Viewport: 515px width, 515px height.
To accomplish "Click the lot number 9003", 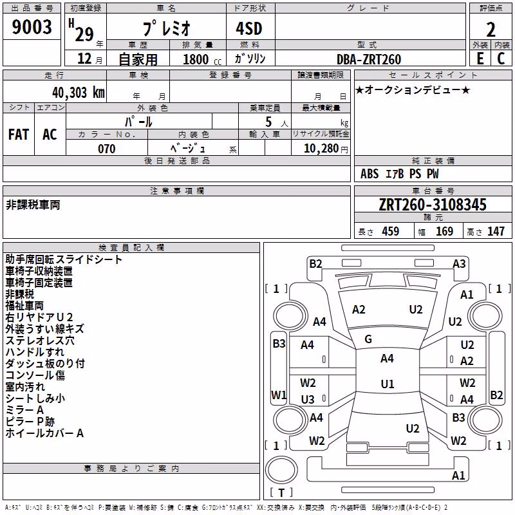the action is point(32,27).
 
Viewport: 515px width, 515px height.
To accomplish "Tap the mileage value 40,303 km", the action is point(79,93).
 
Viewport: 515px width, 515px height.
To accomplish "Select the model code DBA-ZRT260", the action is point(369,59).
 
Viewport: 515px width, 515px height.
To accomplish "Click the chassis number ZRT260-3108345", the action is point(433,205).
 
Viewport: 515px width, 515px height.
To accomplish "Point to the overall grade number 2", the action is point(491,30).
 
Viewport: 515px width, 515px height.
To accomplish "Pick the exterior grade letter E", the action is point(480,59).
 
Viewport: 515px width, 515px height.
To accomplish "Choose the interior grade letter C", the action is point(501,59).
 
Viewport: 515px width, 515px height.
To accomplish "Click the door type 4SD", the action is point(249,28).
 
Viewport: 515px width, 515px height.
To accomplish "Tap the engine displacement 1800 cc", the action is point(202,59).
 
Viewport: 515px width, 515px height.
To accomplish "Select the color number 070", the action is point(107,149).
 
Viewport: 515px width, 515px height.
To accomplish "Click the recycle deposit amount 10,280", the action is point(321,149).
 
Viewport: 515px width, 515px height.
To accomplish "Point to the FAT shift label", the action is point(19,135).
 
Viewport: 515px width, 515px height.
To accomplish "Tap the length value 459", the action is point(390,231).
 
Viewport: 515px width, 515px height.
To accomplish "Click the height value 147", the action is point(496,231).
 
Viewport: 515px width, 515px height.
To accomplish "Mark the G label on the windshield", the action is point(368,339).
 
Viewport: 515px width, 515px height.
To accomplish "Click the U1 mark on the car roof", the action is point(388,384).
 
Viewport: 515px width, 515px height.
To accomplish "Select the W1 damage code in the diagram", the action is point(279,395).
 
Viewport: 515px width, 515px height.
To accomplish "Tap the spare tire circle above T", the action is point(281,470).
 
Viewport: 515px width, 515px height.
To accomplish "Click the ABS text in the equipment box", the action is point(370,174).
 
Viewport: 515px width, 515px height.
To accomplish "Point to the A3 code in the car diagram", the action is point(459,264).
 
